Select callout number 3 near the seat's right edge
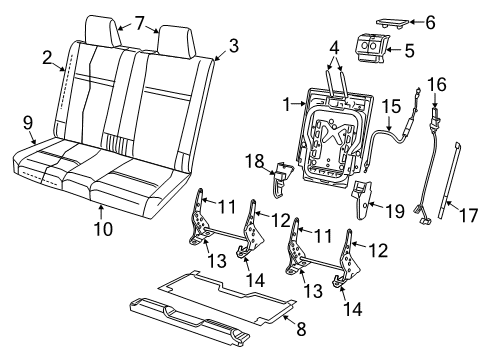pos(232,45)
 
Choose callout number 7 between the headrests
pos(139,21)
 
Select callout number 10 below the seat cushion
pos(103,209)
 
